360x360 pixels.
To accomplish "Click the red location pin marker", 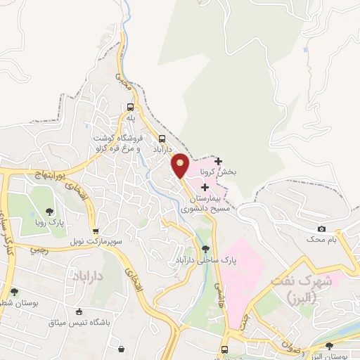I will pyautogui.click(x=181, y=165).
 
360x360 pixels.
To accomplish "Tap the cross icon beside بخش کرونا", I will pyautogui.click(x=218, y=161).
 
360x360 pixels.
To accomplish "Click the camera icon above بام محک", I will pyautogui.click(x=322, y=229).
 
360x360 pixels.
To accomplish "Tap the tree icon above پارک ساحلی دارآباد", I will pyautogui.click(x=205, y=248).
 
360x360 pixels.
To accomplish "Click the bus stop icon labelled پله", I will pyautogui.click(x=130, y=108).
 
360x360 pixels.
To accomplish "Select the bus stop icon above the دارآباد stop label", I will pyautogui.click(x=162, y=138).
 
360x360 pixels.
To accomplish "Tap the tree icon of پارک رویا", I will pyautogui.click(x=49, y=211).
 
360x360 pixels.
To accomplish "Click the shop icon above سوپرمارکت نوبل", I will pyautogui.click(x=96, y=230).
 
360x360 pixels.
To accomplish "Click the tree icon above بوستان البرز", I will pyautogui.click(x=330, y=345).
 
